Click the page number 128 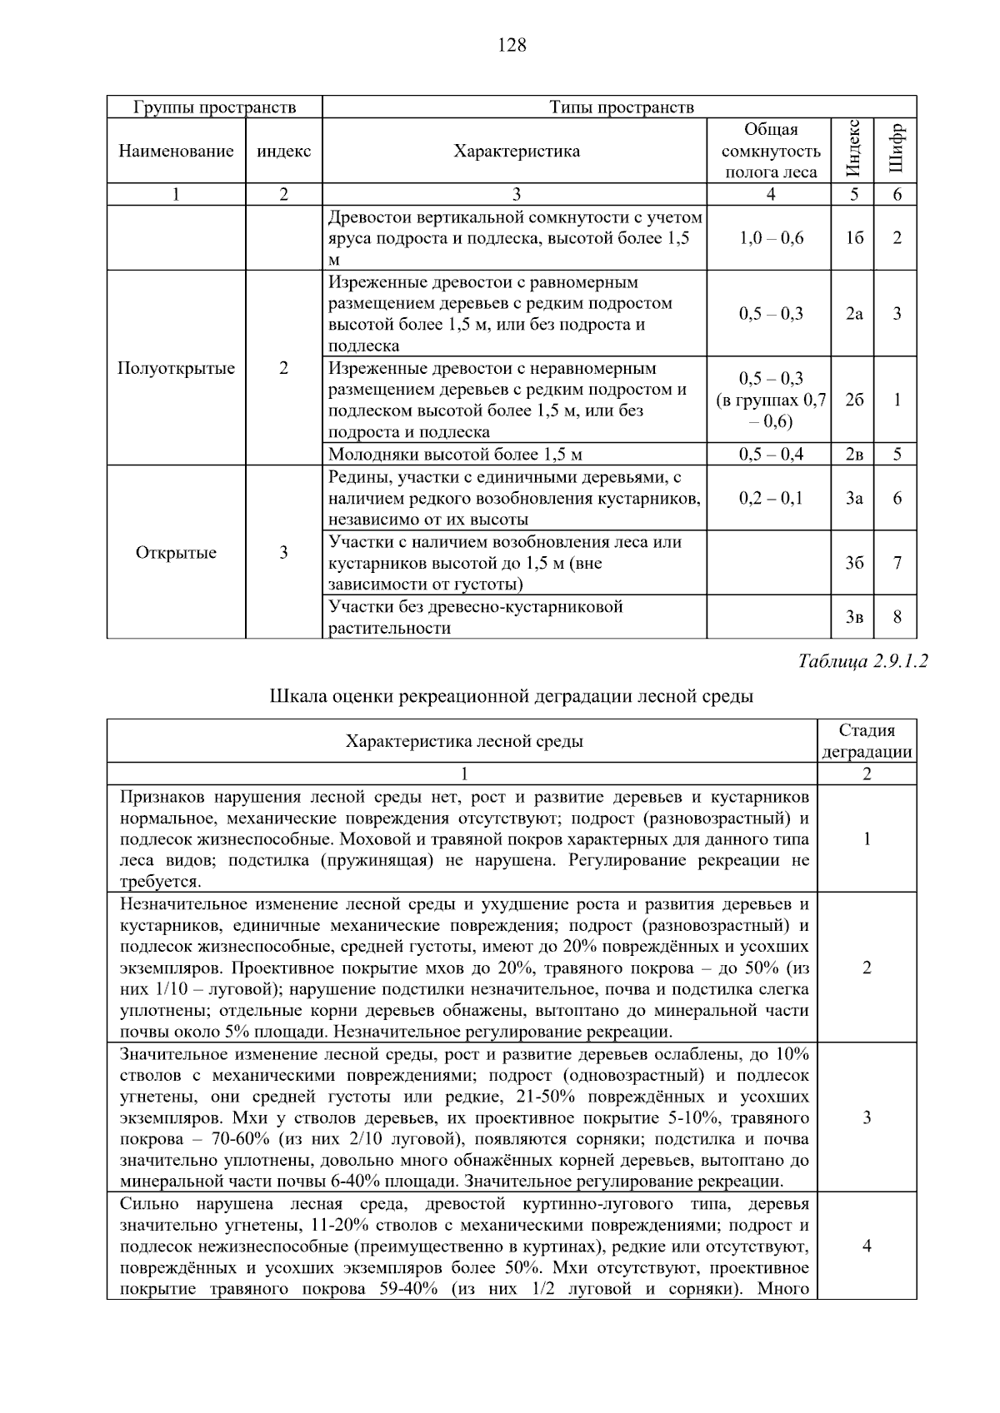coord(512,46)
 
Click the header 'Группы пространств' coord(214,107)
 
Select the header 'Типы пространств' coord(621,107)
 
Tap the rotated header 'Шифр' coord(896,151)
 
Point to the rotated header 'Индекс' coord(852,151)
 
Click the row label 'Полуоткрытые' coord(176,368)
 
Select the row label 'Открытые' coord(176,553)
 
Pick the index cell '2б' coord(853,400)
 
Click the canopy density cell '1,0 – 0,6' coord(771,238)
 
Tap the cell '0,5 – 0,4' coord(771,455)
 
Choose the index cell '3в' coord(853,617)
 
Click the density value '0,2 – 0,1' coord(771,498)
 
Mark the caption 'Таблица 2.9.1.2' coord(862,662)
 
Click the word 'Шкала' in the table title coord(294,696)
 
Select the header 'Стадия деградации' coord(867,741)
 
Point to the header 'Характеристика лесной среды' coord(464,741)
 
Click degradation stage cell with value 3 coord(867,1117)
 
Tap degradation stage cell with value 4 coord(867,1246)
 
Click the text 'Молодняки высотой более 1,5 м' coord(455,455)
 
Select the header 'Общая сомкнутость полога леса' coord(771,151)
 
